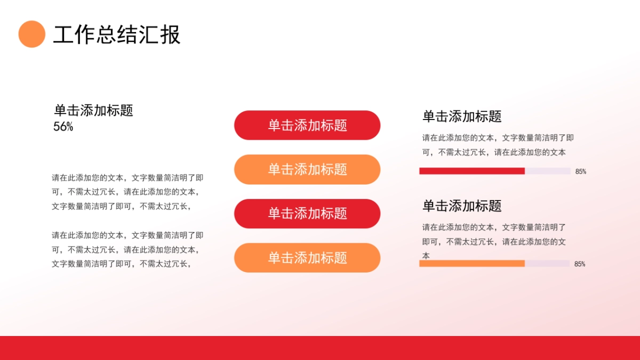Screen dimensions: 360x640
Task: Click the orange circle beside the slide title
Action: point(32,34)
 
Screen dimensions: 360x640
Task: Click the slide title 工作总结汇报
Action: point(117,34)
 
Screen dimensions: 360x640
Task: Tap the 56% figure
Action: point(63,127)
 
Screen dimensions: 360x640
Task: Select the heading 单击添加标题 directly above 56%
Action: point(93,110)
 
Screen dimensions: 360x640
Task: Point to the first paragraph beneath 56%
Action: point(127,192)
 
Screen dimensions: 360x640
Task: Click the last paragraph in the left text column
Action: point(127,249)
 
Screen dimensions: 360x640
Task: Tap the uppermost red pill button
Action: point(307,125)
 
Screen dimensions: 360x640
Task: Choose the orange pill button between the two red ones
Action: point(307,170)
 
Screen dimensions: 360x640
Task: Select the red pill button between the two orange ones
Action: point(307,214)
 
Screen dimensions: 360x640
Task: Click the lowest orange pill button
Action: point(307,258)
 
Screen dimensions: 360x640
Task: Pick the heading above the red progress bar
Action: point(462,116)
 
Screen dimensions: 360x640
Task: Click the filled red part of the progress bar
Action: point(471,171)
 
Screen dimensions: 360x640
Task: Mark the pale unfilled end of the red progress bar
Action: point(548,171)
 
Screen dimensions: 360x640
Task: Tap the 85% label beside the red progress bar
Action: point(580,172)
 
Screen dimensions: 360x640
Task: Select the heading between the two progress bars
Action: point(462,206)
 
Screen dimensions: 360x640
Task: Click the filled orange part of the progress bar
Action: point(471,263)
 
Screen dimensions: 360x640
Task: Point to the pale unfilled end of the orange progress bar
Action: point(547,263)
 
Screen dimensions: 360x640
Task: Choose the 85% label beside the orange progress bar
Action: point(580,264)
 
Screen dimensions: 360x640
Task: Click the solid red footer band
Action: point(320,348)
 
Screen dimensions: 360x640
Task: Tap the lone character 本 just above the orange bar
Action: point(426,256)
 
